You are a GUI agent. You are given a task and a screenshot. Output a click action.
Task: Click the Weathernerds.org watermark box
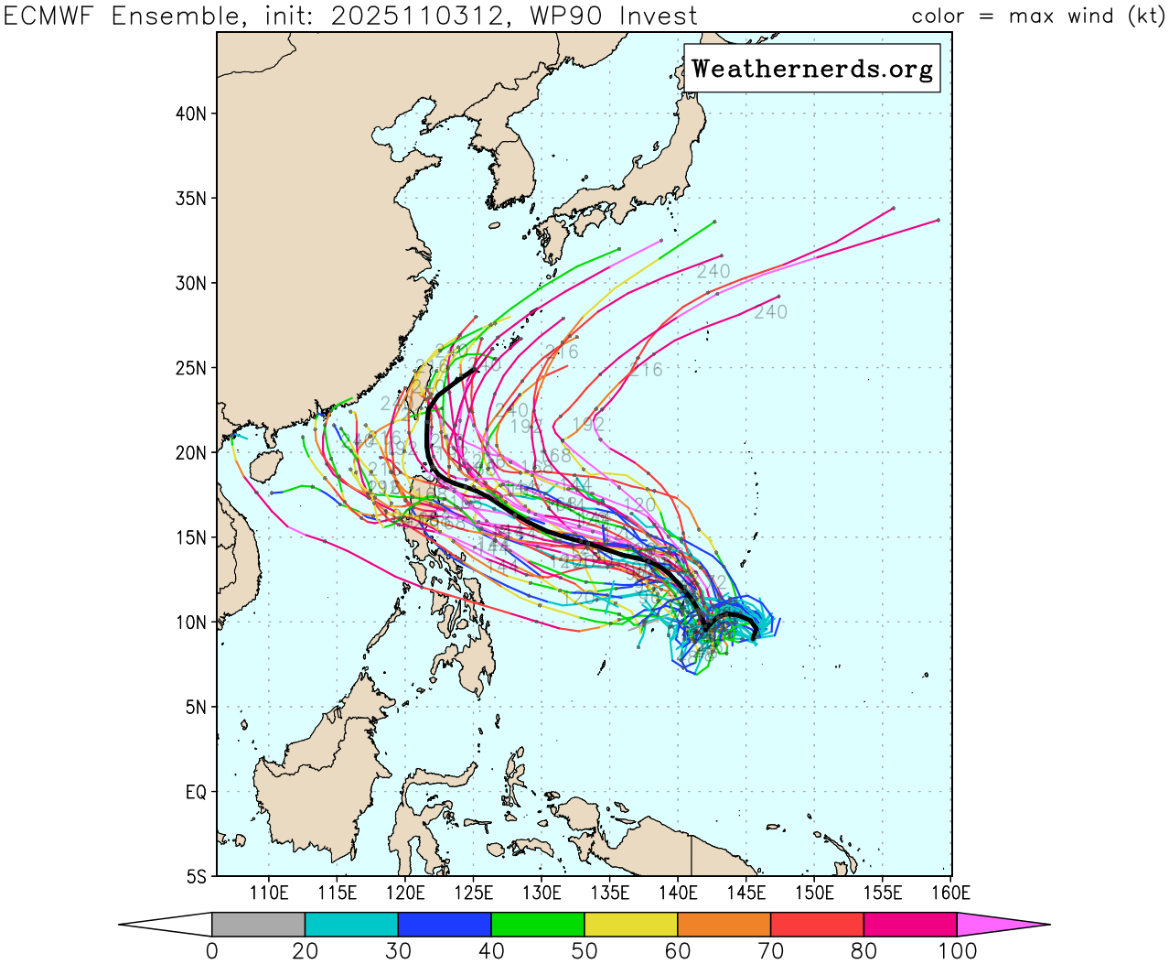pyautogui.click(x=812, y=70)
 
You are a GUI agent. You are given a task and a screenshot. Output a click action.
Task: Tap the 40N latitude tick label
pyautogui.click(x=190, y=114)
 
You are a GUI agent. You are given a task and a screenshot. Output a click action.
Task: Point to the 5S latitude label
pyautogui.click(x=196, y=876)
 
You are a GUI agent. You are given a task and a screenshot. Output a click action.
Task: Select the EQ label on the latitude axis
pyautogui.click(x=196, y=792)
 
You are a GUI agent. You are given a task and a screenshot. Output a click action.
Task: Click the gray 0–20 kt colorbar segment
pyautogui.click(x=258, y=925)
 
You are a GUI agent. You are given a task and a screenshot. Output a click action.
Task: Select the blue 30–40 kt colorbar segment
pyautogui.click(x=445, y=925)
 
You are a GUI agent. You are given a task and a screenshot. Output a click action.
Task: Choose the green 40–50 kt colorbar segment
pyautogui.click(x=538, y=925)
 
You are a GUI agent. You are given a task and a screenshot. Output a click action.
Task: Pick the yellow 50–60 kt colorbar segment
pyautogui.click(x=631, y=925)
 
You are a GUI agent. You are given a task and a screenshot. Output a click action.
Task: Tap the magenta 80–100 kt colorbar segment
pyautogui.click(x=910, y=925)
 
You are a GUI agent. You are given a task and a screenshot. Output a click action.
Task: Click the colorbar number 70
pyautogui.click(x=770, y=951)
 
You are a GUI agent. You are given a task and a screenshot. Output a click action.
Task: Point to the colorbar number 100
pyautogui.click(x=957, y=951)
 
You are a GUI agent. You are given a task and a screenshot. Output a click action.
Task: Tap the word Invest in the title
pyautogui.click(x=658, y=16)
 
